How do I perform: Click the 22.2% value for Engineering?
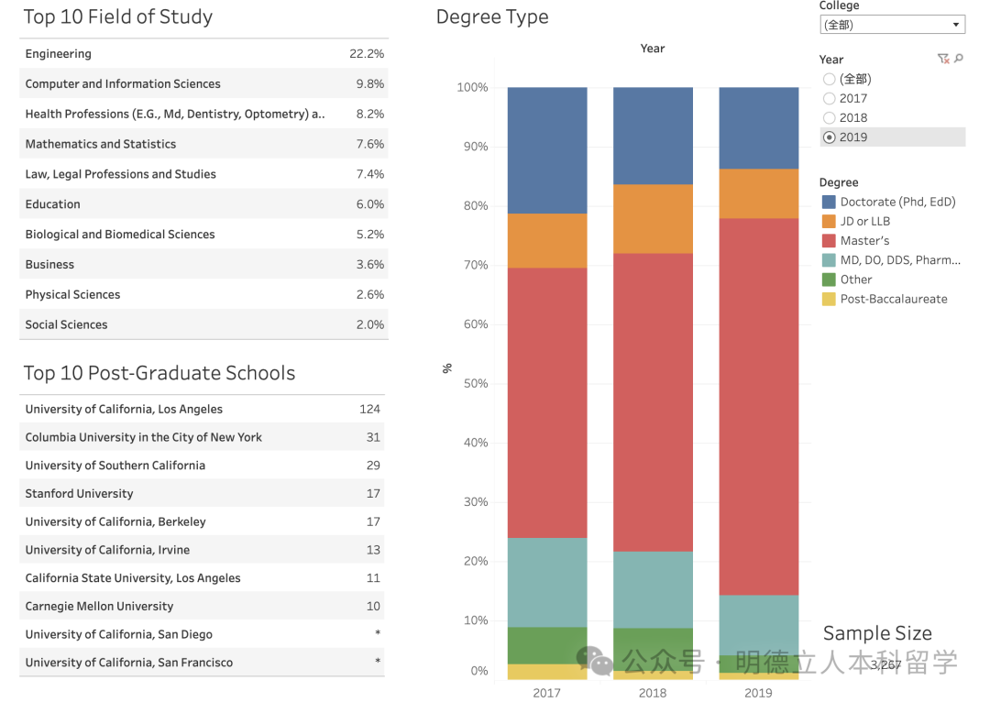point(367,54)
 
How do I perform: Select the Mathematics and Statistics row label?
point(101,144)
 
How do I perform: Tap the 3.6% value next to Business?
point(370,265)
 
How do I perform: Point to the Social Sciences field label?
point(66,324)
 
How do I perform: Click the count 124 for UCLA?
point(369,410)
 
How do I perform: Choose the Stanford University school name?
point(79,494)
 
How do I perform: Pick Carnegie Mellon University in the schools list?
point(99,607)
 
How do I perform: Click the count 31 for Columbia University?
point(373,437)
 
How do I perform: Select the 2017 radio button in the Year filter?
point(830,99)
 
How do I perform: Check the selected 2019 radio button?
point(830,137)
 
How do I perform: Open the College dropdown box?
point(891,25)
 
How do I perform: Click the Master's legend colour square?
point(829,241)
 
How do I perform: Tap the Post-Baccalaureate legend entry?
point(893,300)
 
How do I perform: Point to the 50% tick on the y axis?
point(473,384)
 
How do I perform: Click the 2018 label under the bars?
point(653,693)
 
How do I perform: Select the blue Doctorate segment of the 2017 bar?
point(547,150)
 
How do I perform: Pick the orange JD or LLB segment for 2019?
point(758,193)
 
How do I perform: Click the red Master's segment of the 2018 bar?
point(653,402)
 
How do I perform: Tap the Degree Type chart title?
point(492,17)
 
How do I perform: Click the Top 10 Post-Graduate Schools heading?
point(159,373)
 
